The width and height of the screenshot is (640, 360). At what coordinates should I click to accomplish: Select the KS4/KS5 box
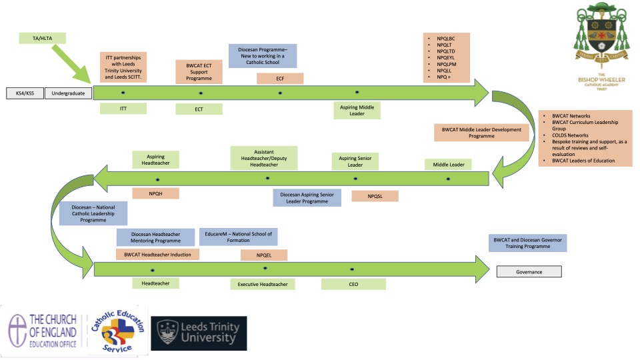tap(24, 93)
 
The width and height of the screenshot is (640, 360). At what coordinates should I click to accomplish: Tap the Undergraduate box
tap(69, 93)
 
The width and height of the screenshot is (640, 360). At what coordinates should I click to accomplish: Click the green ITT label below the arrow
tap(123, 109)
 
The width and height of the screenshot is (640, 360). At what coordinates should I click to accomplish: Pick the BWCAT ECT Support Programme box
tap(199, 72)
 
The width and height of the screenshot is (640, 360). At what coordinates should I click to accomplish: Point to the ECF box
tap(280, 79)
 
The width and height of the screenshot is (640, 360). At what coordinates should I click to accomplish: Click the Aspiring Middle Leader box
tap(357, 111)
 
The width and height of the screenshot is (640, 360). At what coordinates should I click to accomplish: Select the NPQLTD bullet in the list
tap(447, 51)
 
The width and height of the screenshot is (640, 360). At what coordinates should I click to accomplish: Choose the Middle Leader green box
tap(448, 164)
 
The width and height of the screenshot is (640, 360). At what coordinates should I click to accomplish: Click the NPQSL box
tap(374, 196)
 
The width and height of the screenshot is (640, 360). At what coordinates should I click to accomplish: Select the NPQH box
tap(156, 193)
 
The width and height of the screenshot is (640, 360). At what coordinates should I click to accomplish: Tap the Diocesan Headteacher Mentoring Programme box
tap(155, 237)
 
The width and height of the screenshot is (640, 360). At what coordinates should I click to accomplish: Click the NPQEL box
tap(264, 254)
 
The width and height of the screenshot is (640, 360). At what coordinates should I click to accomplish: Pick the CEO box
tap(353, 284)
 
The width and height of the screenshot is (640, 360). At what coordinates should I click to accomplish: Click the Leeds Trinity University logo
tap(199, 333)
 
